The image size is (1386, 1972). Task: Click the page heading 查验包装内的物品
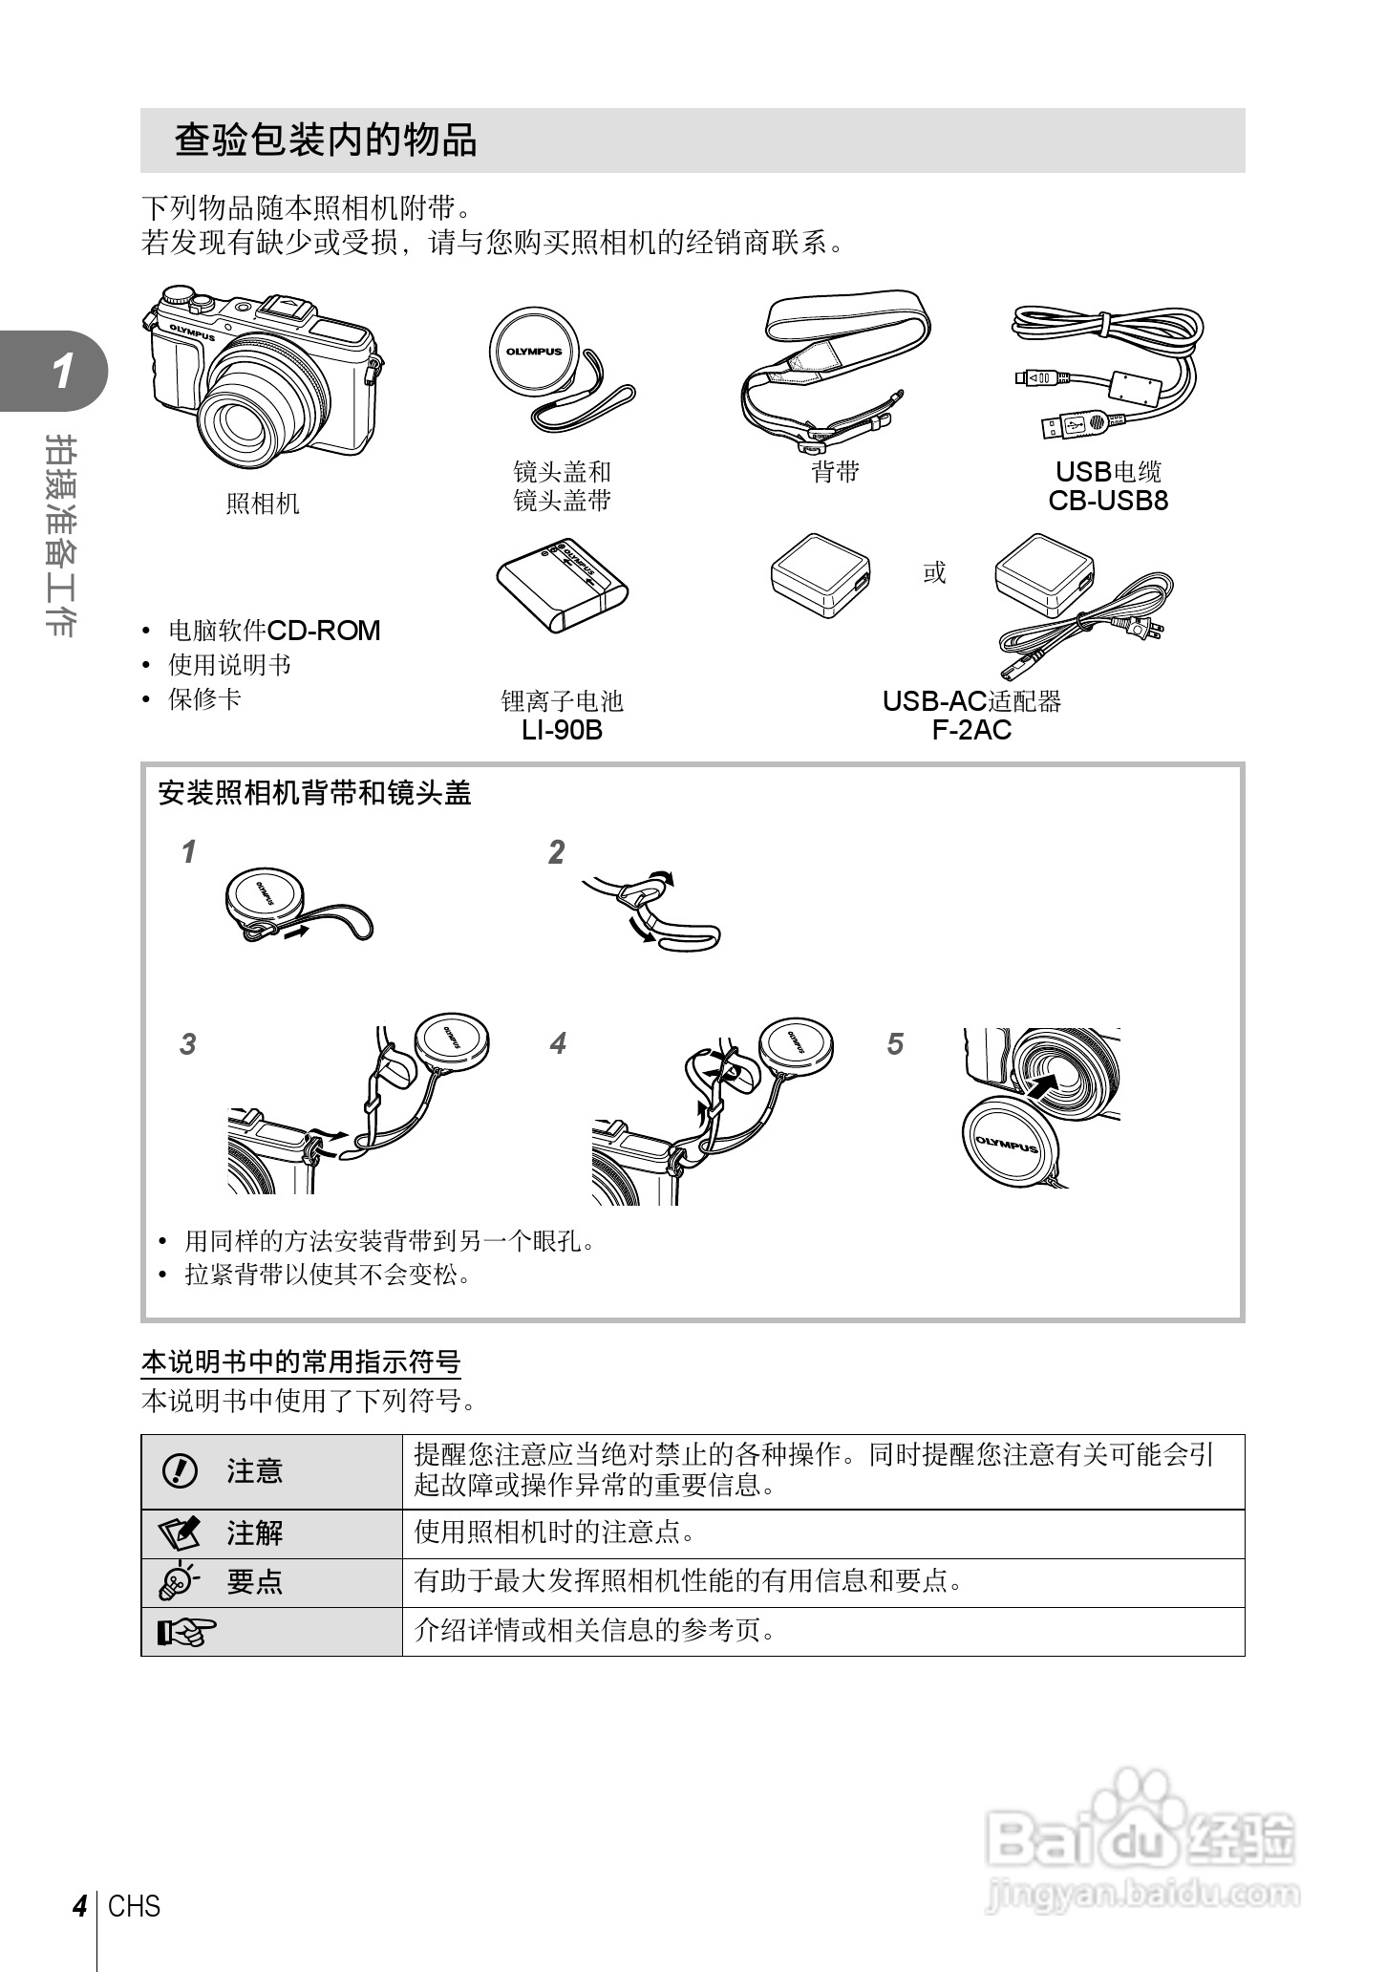pos(326,140)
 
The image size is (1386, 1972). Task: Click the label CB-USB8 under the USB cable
pos(1108,501)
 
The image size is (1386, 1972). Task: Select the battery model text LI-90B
pos(562,730)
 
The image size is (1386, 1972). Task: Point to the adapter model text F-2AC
pos(971,730)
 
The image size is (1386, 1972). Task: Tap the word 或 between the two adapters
pos(934,572)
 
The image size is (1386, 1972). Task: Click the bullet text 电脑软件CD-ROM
pos(274,631)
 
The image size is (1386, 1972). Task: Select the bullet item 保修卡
pos(204,699)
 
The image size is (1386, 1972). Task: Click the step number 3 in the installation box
pos(188,1044)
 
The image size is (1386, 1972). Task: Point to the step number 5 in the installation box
pos(895,1044)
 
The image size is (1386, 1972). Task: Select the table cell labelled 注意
pos(255,1471)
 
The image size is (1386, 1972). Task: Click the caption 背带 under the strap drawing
pos(836,472)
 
